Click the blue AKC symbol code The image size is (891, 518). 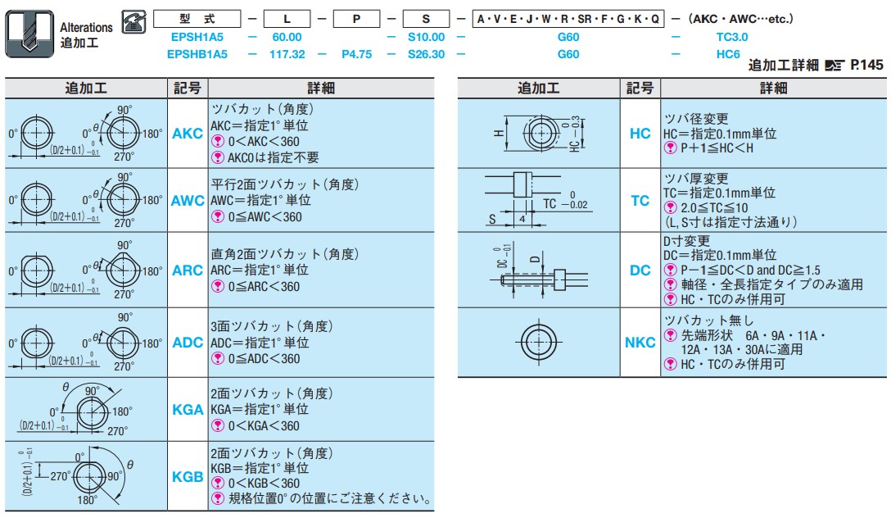187,133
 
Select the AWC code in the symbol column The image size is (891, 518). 188,200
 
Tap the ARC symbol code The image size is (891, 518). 187,270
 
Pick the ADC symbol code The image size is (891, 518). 187,343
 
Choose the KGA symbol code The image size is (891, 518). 188,409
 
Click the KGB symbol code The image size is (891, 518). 188,476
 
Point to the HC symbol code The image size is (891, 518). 640,133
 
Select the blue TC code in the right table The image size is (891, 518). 640,200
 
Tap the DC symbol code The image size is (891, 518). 640,270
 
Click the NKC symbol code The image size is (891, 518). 640,343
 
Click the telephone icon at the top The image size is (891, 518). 134,21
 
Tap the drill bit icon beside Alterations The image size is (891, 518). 29,34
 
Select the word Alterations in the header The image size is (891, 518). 86,27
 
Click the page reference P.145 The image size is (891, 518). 866,65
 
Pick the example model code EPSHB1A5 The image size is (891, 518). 197,54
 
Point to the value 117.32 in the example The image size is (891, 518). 287,54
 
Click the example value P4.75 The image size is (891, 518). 356,54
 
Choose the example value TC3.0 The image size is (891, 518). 732,37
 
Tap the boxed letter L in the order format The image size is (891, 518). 287,19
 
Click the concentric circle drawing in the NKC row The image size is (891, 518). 538,343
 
